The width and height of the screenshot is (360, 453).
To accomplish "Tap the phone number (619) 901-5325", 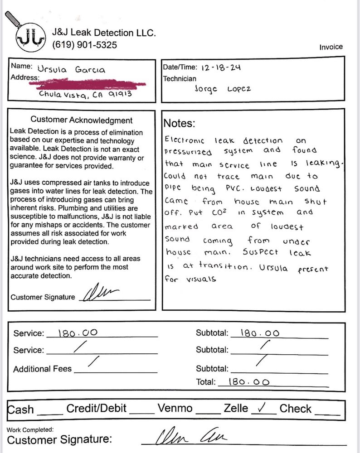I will tap(84, 45).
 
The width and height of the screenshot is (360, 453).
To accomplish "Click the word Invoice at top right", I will tap(331, 47).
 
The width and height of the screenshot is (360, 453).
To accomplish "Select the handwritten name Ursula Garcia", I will tap(71, 70).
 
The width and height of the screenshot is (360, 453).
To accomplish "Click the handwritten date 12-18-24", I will tap(220, 67).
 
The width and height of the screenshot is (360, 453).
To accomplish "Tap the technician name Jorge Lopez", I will tap(219, 89).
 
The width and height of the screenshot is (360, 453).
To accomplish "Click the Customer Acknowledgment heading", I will tap(82, 120).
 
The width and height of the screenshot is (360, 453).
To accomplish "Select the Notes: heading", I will tap(180, 123).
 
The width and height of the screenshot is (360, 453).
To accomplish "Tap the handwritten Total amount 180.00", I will tap(249, 382).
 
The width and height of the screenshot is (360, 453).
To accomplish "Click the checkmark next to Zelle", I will tap(261, 408).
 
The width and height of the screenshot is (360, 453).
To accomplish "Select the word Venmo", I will tap(175, 409).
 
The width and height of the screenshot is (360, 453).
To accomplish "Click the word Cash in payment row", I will tap(21, 410).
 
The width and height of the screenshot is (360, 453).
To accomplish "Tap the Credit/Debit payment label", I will tap(96, 409).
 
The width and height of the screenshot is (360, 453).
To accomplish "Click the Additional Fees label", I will tap(42, 369).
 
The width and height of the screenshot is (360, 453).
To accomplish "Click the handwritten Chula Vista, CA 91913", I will tap(86, 95).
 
